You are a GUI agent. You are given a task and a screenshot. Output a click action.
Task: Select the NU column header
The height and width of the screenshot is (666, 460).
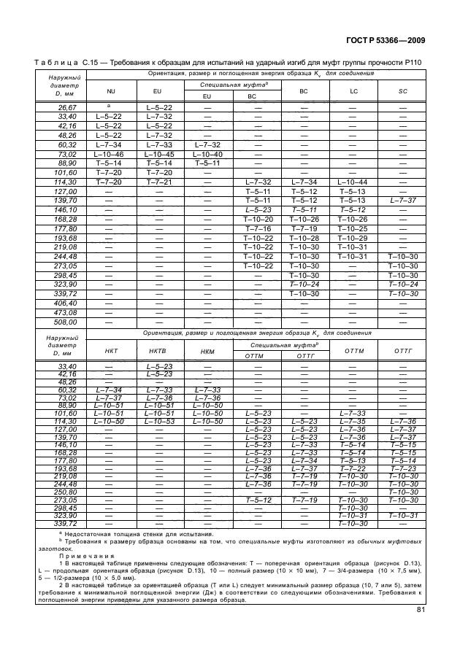tap(111, 92)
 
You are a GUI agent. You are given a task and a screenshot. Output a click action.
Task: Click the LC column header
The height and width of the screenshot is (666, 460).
tap(353, 92)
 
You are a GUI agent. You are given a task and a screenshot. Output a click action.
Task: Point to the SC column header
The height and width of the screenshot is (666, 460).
tap(403, 92)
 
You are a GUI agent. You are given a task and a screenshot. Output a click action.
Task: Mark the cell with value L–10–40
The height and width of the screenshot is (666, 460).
tap(207, 155)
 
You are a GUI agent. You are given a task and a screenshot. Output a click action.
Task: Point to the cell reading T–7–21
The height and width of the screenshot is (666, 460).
tap(158, 181)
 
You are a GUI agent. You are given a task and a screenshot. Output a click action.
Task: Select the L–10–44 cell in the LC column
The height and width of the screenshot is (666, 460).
tap(353, 181)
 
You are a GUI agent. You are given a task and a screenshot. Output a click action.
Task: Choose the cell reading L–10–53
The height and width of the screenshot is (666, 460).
tap(158, 420)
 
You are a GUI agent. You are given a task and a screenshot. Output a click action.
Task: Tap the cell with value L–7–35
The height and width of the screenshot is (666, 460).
tap(353, 420)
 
